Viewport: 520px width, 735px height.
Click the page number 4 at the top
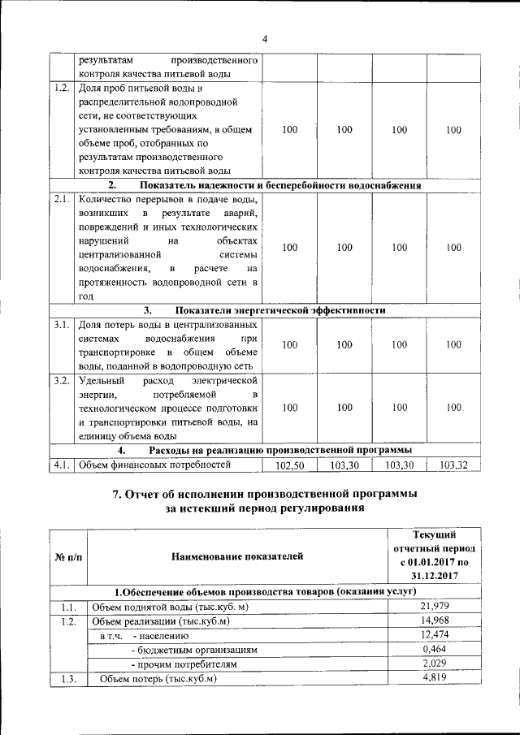[265, 39]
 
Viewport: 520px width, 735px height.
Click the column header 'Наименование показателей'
[236, 556]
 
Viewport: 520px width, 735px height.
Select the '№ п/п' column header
[67, 556]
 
